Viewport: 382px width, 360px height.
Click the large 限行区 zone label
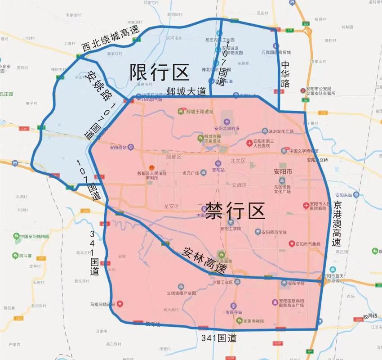(160, 72)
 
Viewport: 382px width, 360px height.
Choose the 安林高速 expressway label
(204, 261)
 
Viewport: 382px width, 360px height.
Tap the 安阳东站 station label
(344, 194)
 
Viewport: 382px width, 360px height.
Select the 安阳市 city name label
(283, 172)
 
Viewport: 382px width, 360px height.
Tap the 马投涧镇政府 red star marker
(120, 304)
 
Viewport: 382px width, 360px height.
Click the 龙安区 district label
(171, 207)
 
